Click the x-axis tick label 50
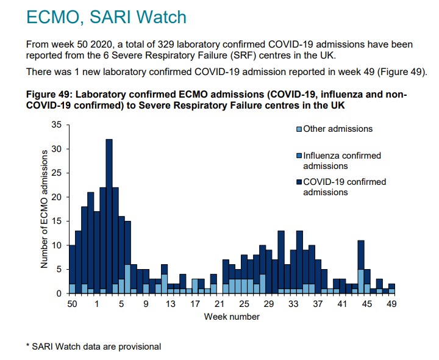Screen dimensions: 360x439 pyautogui.click(x=72, y=304)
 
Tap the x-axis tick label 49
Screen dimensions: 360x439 pyautogui.click(x=391, y=304)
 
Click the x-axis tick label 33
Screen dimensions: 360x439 pyautogui.click(x=293, y=304)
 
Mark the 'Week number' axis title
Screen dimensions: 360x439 pyautogui.click(x=232, y=316)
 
